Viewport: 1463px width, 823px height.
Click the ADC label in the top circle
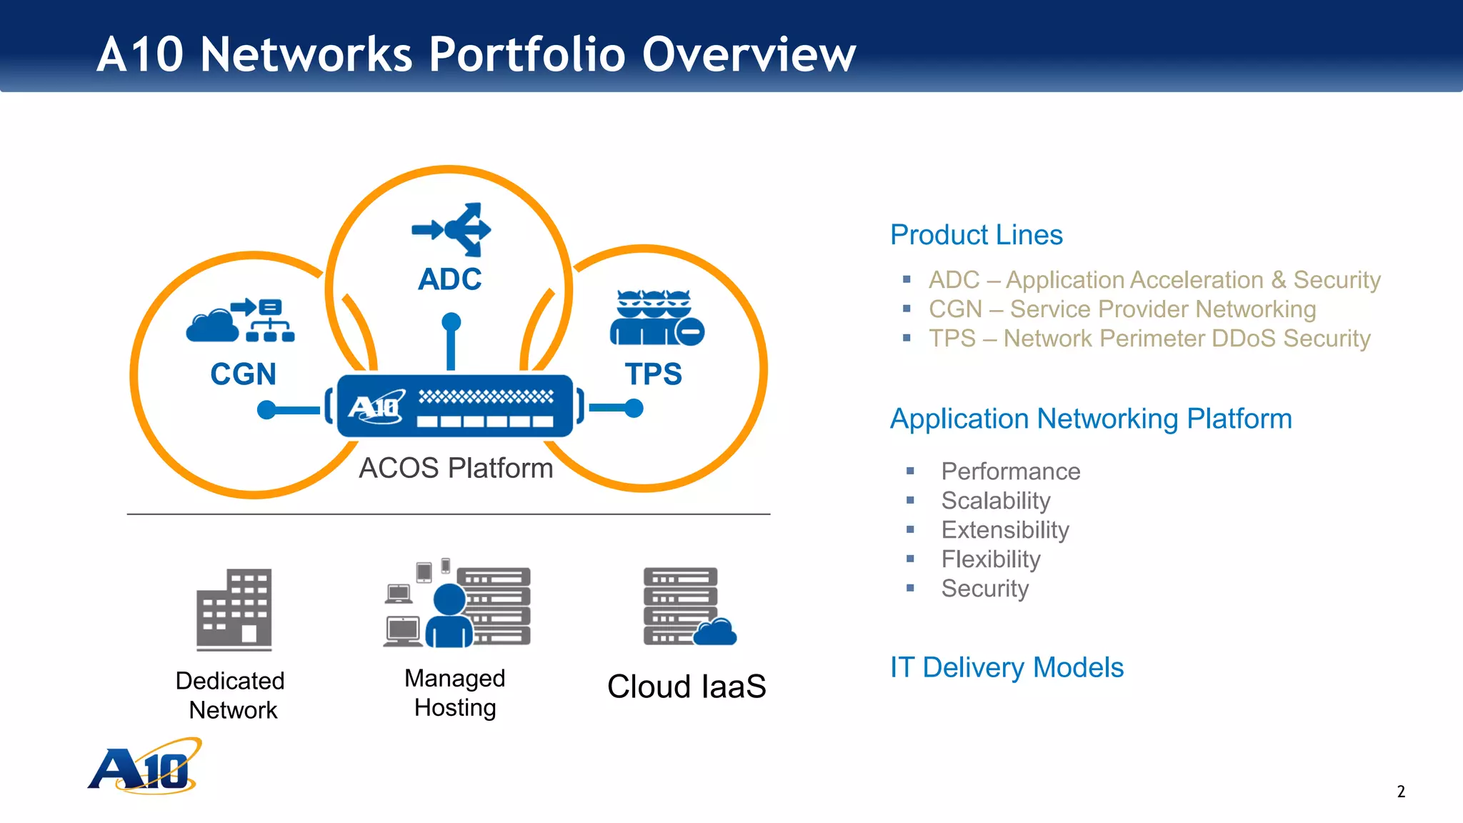click(x=449, y=279)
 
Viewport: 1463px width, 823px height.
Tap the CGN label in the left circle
click(x=243, y=374)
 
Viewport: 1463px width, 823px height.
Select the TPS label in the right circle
click(x=653, y=374)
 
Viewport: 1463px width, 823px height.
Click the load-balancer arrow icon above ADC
click(x=452, y=229)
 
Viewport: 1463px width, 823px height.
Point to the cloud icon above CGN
click(x=211, y=326)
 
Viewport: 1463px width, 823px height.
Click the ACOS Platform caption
click(x=456, y=469)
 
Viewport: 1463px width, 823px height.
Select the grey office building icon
click(x=234, y=609)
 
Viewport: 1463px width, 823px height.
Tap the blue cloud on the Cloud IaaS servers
click(x=715, y=632)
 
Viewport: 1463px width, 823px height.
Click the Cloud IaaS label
click(x=686, y=687)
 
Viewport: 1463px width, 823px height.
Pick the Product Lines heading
click(x=976, y=235)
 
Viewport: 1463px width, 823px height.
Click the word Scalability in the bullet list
click(x=995, y=501)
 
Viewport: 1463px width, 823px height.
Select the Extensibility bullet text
click(x=1004, y=530)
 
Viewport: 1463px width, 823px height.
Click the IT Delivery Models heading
click(x=1006, y=667)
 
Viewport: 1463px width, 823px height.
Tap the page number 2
click(x=1401, y=792)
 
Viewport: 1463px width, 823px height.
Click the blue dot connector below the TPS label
click(x=634, y=408)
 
